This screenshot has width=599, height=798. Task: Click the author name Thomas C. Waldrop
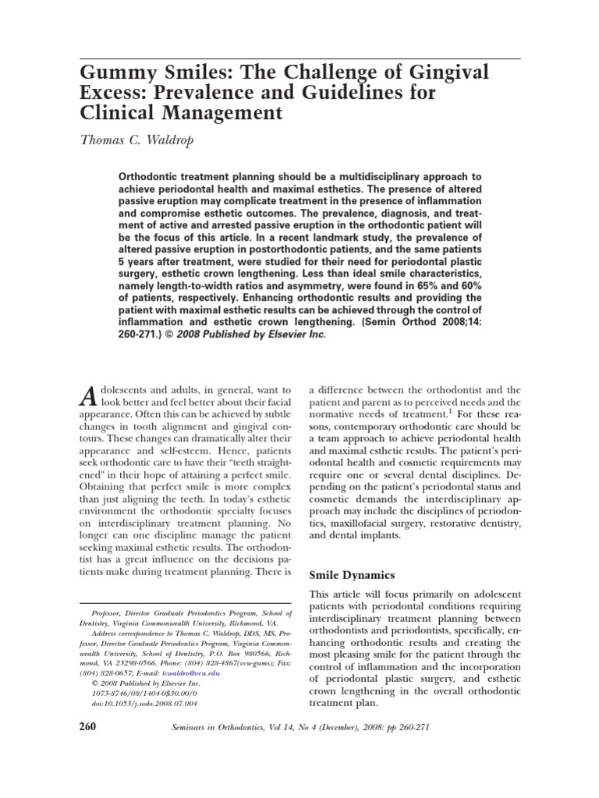[x=144, y=142]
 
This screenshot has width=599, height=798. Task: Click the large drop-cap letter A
[x=90, y=397]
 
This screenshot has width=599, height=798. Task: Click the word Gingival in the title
[x=452, y=74]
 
